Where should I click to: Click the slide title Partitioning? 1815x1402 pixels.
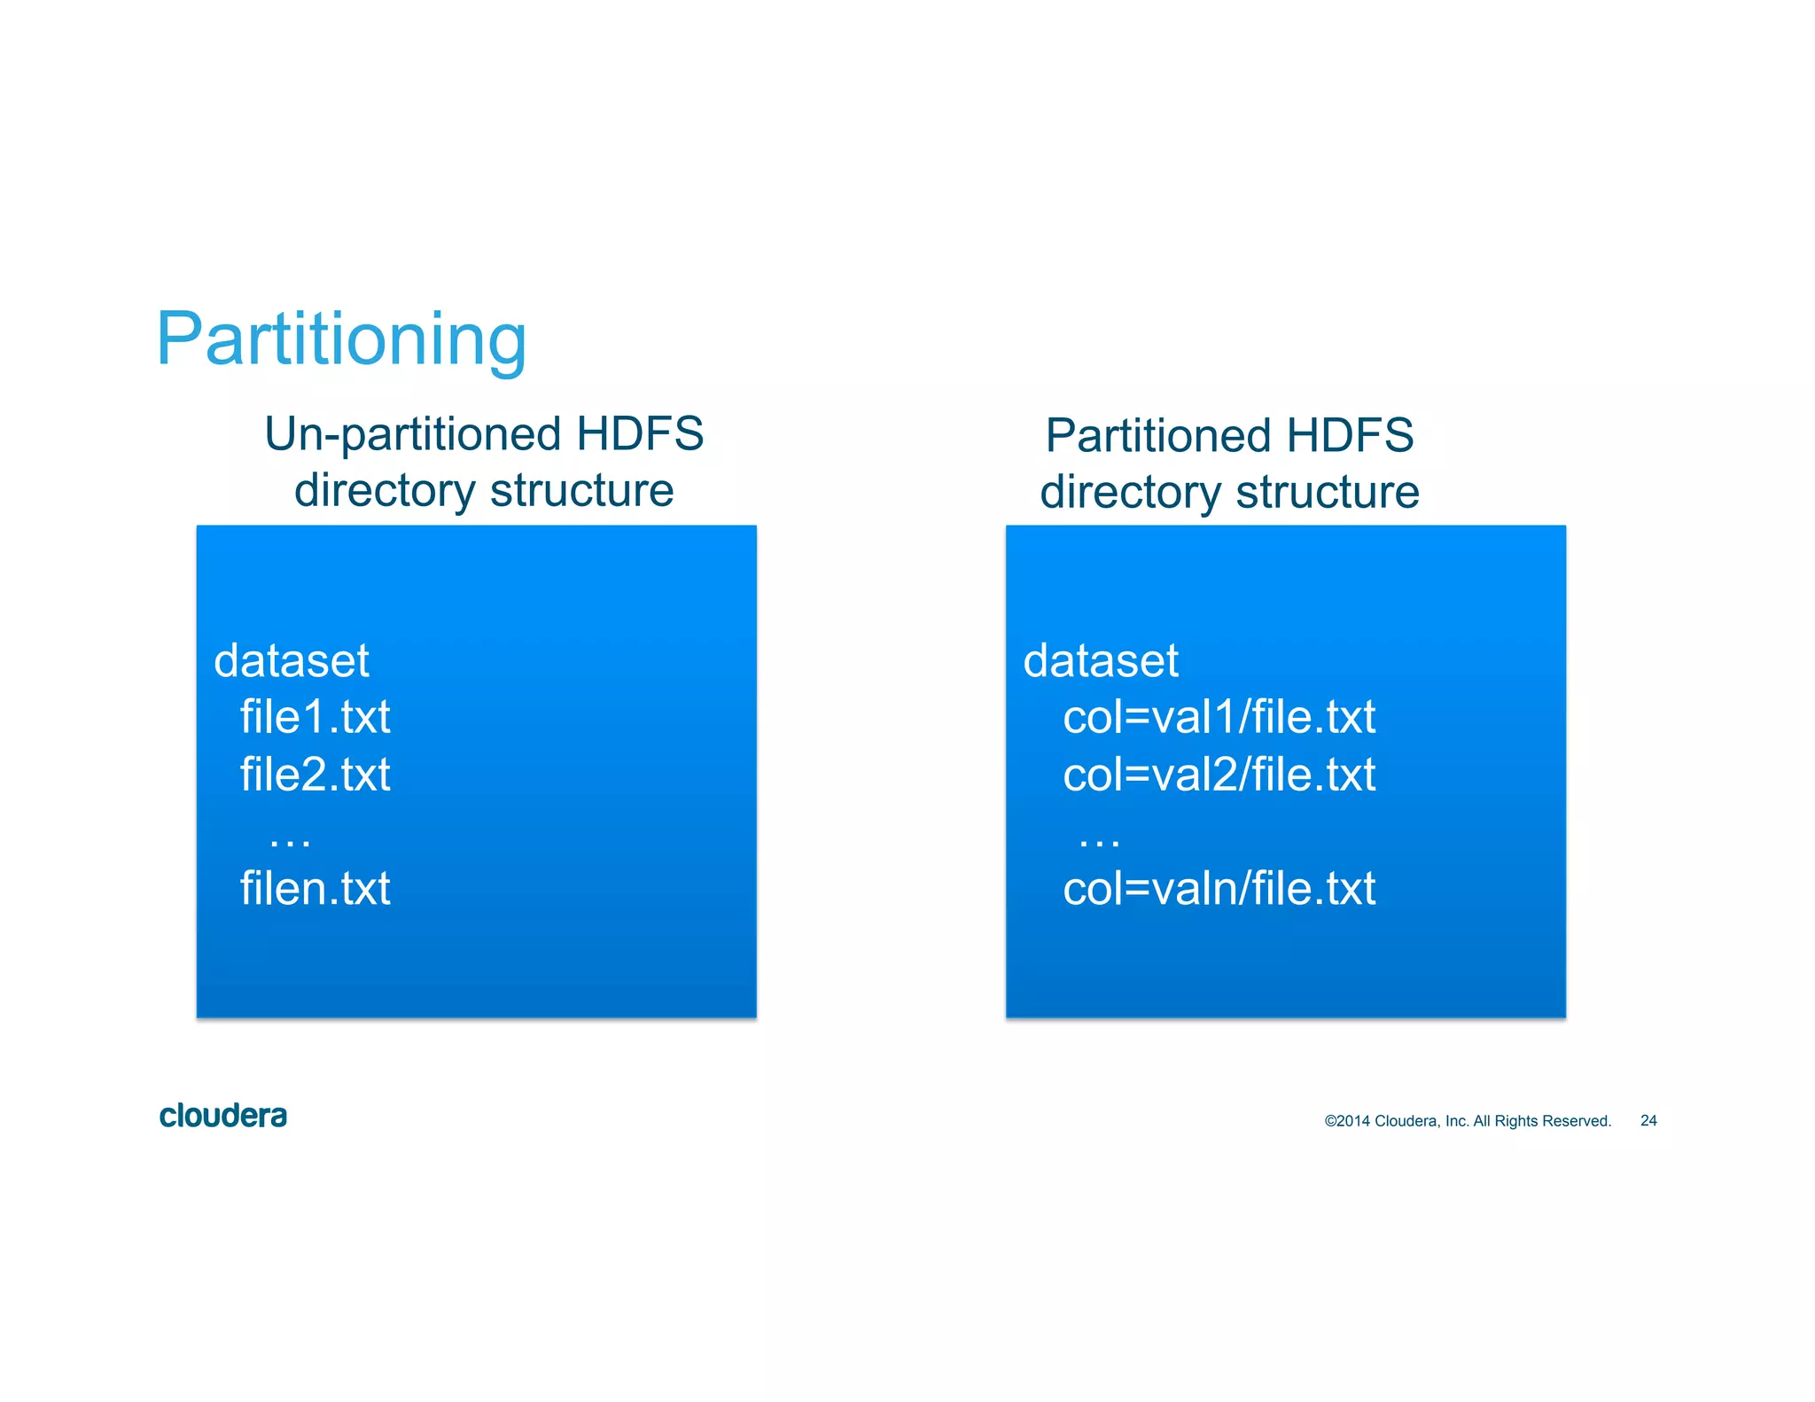[x=341, y=339]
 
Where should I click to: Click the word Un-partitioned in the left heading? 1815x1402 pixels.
[x=413, y=435]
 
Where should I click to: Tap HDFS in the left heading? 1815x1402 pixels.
[x=640, y=434]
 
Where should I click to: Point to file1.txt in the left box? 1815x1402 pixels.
[x=315, y=717]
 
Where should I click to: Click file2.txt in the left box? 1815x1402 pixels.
[x=315, y=775]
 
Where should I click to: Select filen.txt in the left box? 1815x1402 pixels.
[x=315, y=888]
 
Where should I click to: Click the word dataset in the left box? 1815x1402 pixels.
[x=291, y=661]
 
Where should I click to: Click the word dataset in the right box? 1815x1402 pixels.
[x=1100, y=661]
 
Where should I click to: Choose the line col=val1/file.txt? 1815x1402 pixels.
[x=1219, y=717]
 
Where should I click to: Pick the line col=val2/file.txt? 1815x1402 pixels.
[x=1219, y=775]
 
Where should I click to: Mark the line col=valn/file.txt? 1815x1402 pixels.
[x=1219, y=888]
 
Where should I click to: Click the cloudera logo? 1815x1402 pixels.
[x=222, y=1116]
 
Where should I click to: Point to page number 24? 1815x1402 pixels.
[x=1648, y=1121]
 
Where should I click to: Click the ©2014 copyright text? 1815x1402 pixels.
[x=1467, y=1121]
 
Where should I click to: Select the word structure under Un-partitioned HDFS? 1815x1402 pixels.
[x=581, y=490]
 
